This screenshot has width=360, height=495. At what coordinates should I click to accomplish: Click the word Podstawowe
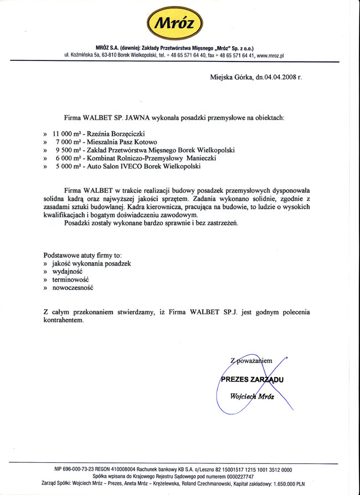[63, 256]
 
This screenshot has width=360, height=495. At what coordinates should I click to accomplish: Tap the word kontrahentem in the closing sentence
[64, 320]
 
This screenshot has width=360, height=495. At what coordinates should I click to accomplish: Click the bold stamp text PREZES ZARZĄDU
[252, 380]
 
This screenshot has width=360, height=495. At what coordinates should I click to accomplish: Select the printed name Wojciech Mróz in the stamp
[252, 396]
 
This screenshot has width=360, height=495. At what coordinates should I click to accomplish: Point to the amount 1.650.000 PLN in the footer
[291, 483]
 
